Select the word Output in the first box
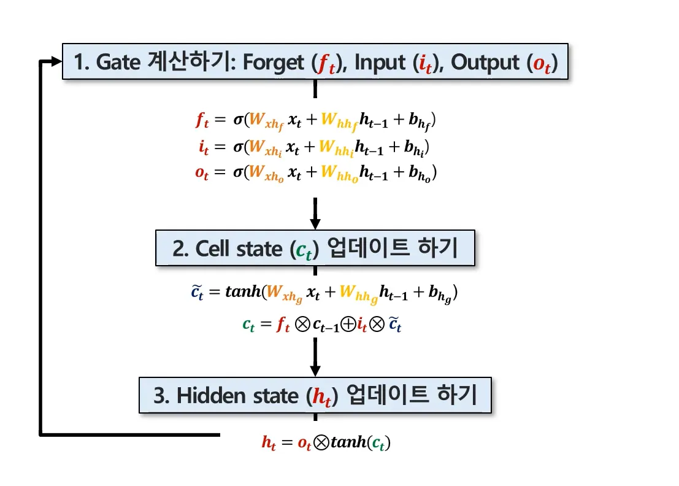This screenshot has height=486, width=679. (x=486, y=62)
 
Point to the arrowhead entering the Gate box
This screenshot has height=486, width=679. (x=56, y=61)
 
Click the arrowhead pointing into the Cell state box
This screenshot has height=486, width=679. (x=315, y=224)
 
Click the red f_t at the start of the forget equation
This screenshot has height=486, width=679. (x=202, y=121)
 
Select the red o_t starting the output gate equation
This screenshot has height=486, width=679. (x=202, y=174)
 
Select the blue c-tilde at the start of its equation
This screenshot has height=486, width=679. (x=195, y=294)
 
